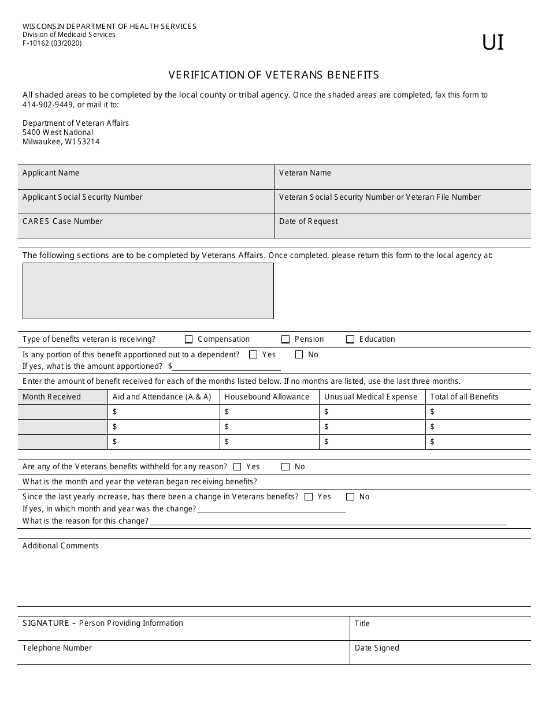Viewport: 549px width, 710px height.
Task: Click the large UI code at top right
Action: click(x=492, y=43)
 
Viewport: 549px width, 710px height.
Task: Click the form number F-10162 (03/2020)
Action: click(x=52, y=43)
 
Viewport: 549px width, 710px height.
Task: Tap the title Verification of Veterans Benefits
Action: click(x=273, y=74)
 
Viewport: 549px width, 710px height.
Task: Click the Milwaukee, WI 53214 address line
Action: click(x=61, y=141)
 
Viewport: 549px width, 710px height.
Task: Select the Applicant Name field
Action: click(x=146, y=177)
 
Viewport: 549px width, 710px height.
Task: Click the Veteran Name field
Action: click(x=403, y=177)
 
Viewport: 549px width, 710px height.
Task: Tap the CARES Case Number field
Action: click(x=146, y=226)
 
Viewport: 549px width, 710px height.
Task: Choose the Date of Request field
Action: click(x=403, y=226)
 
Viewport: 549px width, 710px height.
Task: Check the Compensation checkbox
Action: click(x=189, y=339)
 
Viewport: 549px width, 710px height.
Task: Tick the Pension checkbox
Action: click(x=285, y=339)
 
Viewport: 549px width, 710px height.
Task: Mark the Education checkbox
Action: click(x=350, y=339)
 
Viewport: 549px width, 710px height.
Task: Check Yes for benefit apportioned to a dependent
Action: click(x=253, y=355)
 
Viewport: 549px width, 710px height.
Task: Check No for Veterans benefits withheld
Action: click(x=285, y=467)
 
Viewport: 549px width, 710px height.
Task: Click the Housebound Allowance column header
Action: click(x=267, y=397)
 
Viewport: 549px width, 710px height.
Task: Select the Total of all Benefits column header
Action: click(x=464, y=397)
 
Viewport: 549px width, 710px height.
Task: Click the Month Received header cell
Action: click(x=51, y=397)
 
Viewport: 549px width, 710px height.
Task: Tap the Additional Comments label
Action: click(x=61, y=545)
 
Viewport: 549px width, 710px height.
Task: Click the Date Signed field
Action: click(x=440, y=653)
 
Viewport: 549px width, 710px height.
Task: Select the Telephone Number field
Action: click(x=183, y=653)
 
